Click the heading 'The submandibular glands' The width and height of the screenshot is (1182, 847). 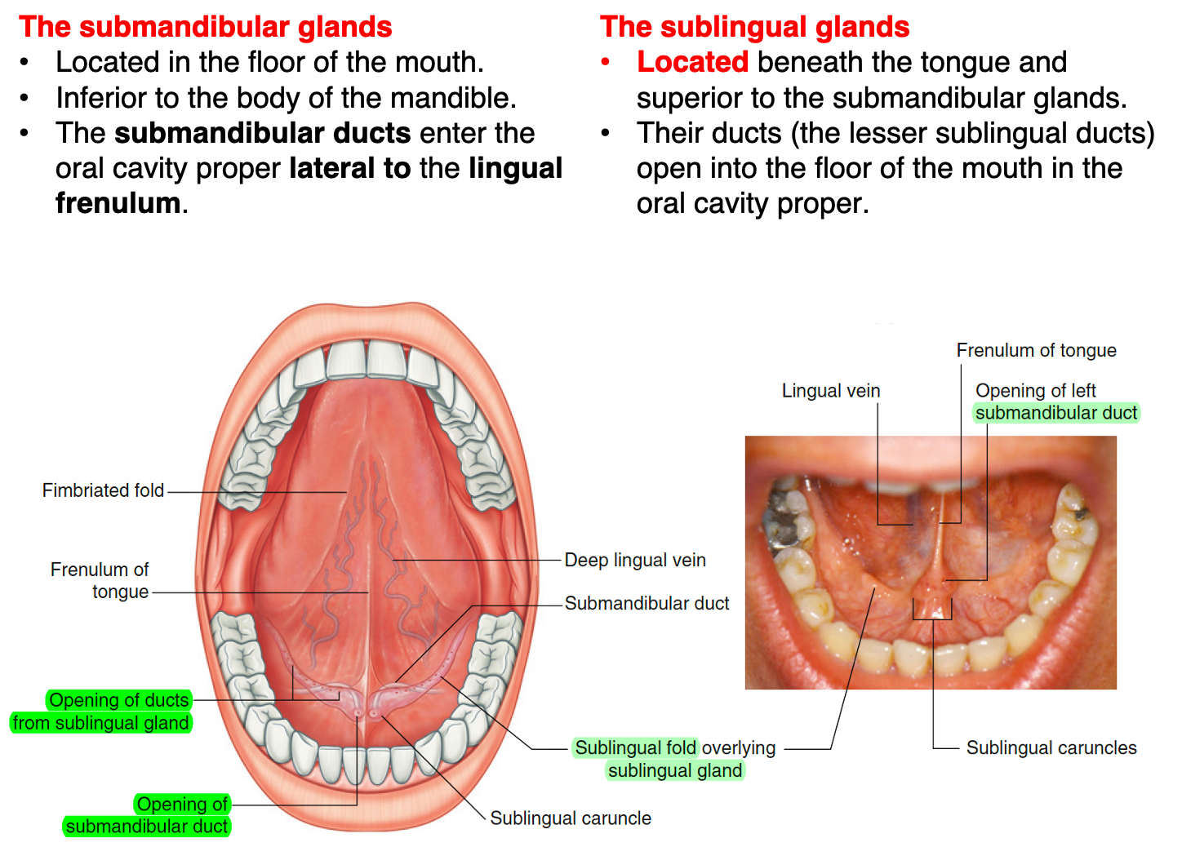(205, 27)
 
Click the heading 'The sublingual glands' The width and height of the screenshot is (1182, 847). (754, 27)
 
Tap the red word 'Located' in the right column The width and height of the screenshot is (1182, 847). (692, 62)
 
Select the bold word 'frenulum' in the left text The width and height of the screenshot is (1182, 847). (118, 203)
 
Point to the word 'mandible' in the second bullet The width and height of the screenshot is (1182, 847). (451, 98)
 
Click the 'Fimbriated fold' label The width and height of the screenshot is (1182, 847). (103, 490)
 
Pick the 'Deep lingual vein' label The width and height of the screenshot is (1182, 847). (635, 560)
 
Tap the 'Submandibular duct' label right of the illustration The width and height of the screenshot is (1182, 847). (647, 603)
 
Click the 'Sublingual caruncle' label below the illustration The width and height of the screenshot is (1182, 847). (571, 818)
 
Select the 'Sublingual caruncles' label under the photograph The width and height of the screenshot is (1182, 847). (1051, 747)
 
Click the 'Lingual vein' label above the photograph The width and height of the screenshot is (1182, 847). (830, 391)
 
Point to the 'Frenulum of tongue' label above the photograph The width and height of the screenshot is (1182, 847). (1037, 350)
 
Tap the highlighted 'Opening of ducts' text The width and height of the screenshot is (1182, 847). (118, 700)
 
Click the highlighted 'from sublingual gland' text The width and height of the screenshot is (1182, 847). (100, 722)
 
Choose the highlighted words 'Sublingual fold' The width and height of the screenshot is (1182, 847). (635, 747)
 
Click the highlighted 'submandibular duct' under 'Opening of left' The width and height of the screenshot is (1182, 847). (1056, 412)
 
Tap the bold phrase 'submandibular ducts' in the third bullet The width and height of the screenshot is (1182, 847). (262, 133)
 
